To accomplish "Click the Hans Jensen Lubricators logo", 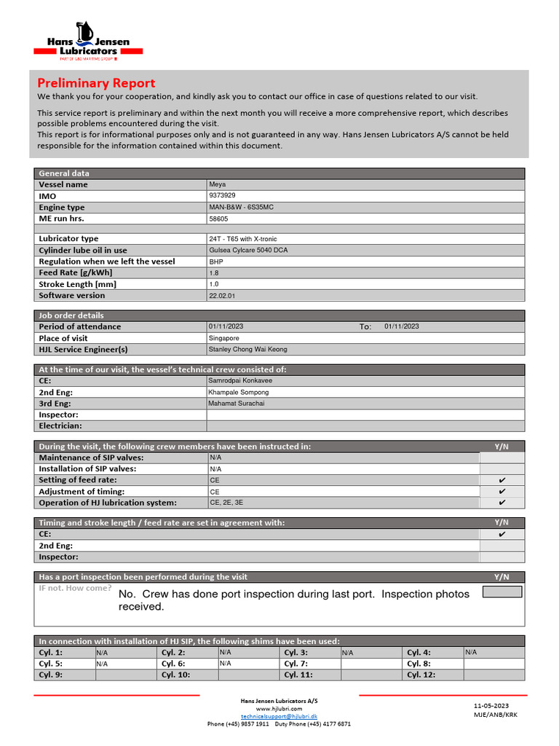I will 88,41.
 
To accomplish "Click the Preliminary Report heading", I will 96,83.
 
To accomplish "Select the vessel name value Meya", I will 217,184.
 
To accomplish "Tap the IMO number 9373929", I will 222,196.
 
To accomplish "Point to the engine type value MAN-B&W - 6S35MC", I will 241,208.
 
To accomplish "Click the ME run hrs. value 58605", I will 218,219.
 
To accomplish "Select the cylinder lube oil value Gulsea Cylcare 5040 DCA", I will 248,250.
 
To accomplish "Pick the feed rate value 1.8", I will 213,272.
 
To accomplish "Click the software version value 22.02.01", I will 222,296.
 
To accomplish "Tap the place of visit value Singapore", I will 223,338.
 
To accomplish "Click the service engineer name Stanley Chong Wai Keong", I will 247,350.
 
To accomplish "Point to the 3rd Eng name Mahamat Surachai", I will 236,403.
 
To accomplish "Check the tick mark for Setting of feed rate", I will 501,480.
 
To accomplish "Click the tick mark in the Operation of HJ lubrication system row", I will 501,503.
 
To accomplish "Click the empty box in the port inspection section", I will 502,592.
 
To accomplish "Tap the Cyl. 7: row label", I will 296,664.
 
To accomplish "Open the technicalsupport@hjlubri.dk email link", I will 279,716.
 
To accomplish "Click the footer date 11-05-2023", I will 491,706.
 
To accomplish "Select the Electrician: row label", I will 60,425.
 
